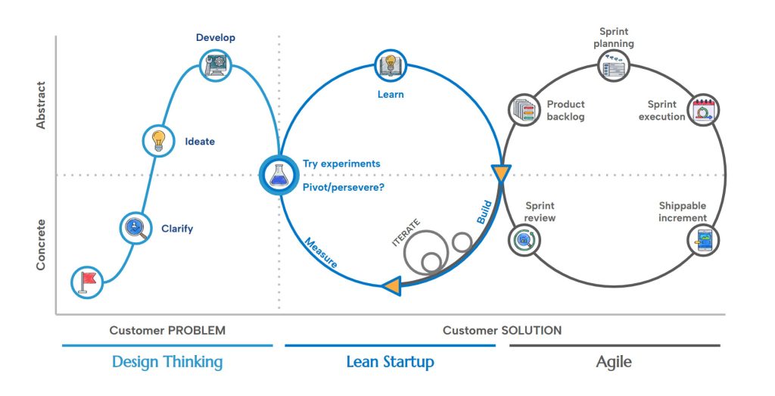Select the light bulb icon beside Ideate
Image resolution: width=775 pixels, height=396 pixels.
click(x=159, y=140)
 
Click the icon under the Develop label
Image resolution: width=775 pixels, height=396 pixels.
click(x=216, y=66)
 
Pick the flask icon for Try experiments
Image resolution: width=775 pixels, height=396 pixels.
click(x=277, y=174)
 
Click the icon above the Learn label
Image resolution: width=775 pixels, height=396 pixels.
click(x=390, y=66)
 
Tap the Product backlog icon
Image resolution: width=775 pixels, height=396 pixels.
click(x=524, y=111)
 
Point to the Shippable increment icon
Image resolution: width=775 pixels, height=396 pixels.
click(x=704, y=241)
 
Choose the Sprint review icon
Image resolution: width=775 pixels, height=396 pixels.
click(x=524, y=241)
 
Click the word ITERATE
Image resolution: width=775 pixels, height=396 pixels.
click(x=406, y=231)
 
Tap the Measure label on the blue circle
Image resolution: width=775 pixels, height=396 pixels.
click(x=321, y=254)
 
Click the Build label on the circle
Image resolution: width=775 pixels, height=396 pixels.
click(x=484, y=211)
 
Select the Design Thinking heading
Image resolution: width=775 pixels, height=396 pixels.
click(x=167, y=361)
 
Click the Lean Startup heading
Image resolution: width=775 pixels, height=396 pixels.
click(x=390, y=361)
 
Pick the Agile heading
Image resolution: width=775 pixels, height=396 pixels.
click(x=614, y=361)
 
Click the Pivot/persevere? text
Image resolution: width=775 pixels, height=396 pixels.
click(x=343, y=186)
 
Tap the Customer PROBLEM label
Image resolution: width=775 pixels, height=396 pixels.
click(x=167, y=330)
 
